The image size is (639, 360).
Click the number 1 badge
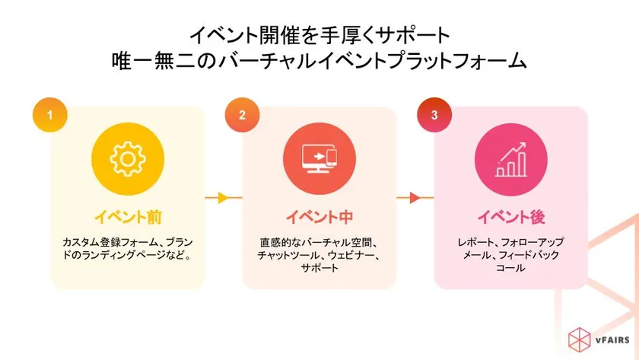50,116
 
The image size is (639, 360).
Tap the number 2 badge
242,116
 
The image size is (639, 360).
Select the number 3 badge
434,116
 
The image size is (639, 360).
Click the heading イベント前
128,217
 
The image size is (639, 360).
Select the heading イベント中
319,217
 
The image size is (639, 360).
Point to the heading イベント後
511,217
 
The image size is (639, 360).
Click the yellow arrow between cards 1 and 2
223,198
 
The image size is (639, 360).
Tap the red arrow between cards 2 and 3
415,198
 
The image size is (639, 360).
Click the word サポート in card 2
319,268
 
